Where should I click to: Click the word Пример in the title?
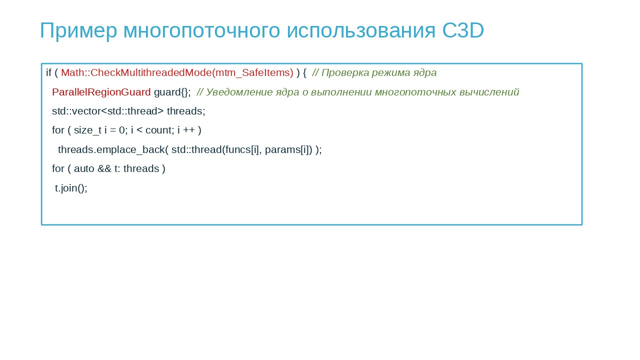pyautogui.click(x=78, y=31)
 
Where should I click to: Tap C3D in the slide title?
pyautogui.click(x=463, y=30)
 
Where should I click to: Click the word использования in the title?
pyautogui.click(x=361, y=31)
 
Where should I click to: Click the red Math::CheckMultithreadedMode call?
pyautogui.click(x=177, y=73)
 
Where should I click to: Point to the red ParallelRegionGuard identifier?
pyautogui.click(x=101, y=92)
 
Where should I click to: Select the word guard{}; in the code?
pyautogui.click(x=172, y=92)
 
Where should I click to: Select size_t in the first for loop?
pyautogui.click(x=87, y=130)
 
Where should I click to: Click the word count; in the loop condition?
pyautogui.click(x=159, y=130)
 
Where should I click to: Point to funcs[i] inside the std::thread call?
pyautogui.click(x=241, y=149)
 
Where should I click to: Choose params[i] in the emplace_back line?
pyautogui.click(x=287, y=150)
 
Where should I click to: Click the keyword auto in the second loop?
pyautogui.click(x=84, y=169)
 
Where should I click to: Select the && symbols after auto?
pyautogui.click(x=104, y=169)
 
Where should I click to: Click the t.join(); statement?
pyautogui.click(x=71, y=188)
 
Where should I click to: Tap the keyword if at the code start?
pyautogui.click(x=49, y=72)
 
